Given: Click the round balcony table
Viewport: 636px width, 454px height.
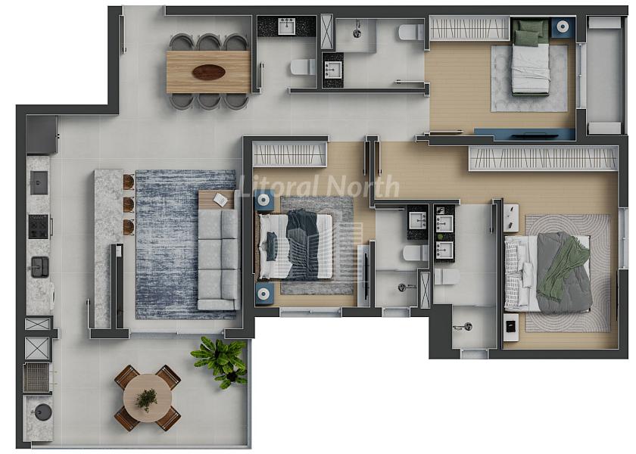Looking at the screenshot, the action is click(x=147, y=399).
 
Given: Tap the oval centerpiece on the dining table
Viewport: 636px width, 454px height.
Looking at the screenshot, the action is click(x=209, y=72).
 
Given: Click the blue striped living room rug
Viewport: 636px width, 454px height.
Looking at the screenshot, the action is click(x=185, y=244).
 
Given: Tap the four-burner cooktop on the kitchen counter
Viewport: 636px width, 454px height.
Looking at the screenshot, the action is click(x=39, y=226).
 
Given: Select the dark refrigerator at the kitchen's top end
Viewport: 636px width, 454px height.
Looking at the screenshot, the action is click(x=42, y=135).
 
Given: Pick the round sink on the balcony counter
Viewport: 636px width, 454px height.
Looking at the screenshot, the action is click(x=42, y=412).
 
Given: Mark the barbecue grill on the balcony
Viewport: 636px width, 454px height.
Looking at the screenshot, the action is click(x=36, y=378).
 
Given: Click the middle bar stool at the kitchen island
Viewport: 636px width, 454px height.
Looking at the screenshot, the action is click(x=129, y=204).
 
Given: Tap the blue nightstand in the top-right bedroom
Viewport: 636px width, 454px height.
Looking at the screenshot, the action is click(x=562, y=26).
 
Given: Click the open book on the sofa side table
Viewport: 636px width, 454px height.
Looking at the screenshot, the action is click(x=221, y=199).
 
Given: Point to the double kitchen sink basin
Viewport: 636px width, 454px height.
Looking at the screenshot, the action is click(x=40, y=267).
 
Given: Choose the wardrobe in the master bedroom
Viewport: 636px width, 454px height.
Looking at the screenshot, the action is click(x=544, y=158).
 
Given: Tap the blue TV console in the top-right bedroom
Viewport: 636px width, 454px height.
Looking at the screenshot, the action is click(x=525, y=134).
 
